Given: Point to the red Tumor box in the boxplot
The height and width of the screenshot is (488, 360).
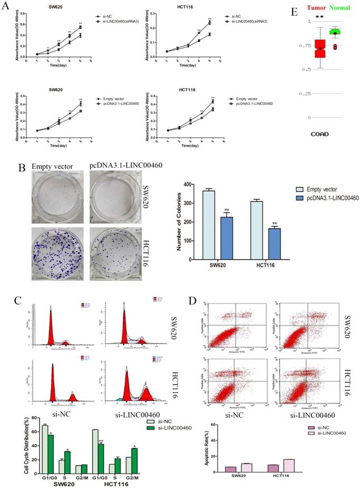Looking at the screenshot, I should tap(305, 48).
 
